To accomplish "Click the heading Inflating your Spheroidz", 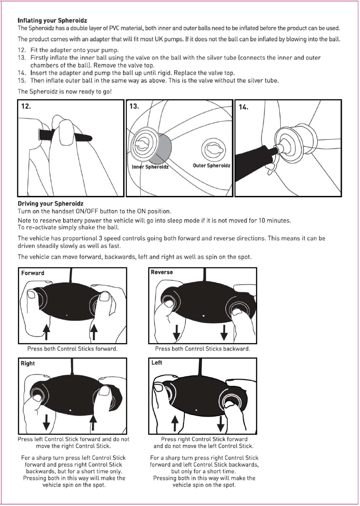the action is click(52, 20).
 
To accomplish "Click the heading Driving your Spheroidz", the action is click(51, 203).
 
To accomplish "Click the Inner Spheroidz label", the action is click(150, 166).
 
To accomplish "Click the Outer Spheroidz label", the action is click(211, 165).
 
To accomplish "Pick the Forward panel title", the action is click(33, 273).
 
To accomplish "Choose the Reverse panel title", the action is click(162, 272).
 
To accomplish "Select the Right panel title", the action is click(28, 363).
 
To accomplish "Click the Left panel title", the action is click(157, 362).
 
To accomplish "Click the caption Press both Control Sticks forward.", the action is click(72, 349).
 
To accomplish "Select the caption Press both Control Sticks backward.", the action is click(202, 349).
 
